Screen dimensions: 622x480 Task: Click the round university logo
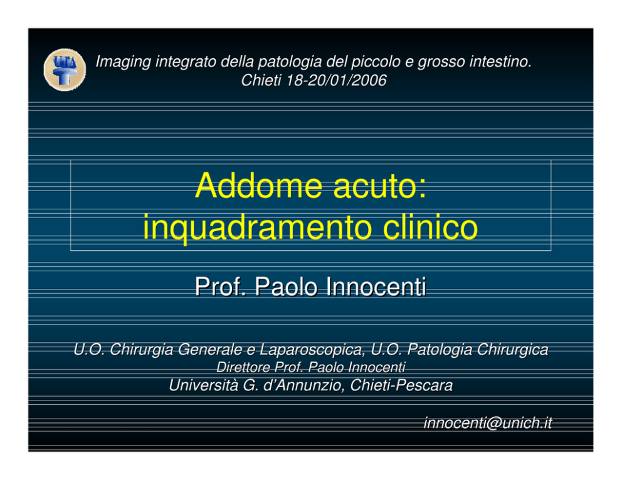point(65,70)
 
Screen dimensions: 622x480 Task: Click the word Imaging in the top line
point(124,62)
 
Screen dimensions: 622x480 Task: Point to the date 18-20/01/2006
point(336,80)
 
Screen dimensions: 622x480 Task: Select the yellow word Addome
point(258,185)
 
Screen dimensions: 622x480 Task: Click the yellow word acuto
point(379,186)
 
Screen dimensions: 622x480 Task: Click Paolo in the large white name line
point(286,286)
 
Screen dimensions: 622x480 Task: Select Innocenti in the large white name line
point(376,286)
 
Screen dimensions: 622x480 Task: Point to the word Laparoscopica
point(312,350)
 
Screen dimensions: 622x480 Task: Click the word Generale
point(209,350)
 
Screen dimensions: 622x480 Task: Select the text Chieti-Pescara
point(401,385)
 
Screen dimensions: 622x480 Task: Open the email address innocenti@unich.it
point(488,423)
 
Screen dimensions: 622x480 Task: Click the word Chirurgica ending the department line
point(512,350)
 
